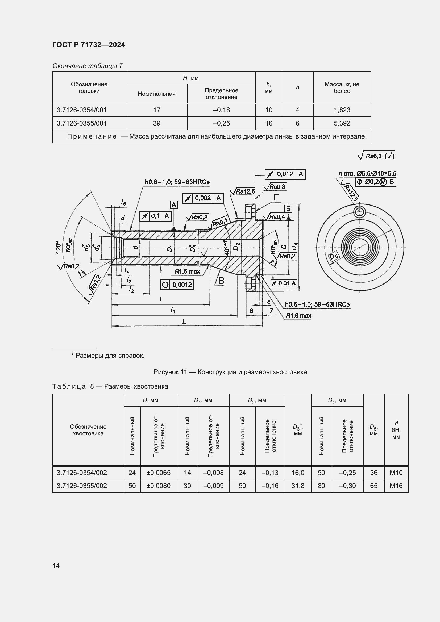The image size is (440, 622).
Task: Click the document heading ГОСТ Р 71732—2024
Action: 89,45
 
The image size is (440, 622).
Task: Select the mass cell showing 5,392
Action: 342,123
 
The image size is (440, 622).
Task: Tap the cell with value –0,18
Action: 221,110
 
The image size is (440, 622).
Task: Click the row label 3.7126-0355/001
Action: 82,123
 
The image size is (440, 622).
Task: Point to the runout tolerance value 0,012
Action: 285,174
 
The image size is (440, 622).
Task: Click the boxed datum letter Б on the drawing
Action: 288,208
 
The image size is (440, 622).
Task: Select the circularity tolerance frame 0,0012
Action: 177,285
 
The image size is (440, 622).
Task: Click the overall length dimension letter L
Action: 184,322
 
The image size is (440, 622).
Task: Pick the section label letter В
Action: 221,281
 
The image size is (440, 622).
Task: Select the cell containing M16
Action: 396,486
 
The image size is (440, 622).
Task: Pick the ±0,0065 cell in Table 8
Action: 159,473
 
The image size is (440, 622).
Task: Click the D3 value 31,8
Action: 298,486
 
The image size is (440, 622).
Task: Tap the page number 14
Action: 56,566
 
